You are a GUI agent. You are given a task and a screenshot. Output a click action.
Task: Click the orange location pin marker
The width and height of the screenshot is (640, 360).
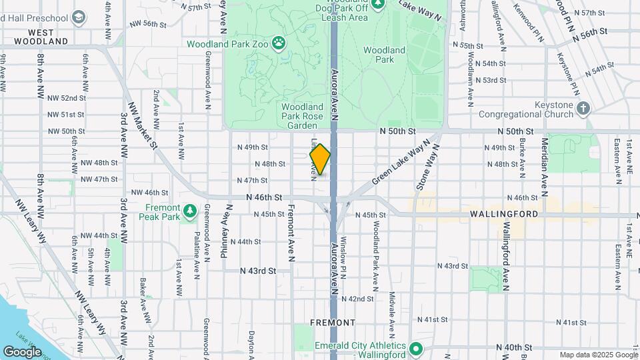[320, 159]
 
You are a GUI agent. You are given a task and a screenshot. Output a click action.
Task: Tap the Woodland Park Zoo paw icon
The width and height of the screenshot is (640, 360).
[278, 45]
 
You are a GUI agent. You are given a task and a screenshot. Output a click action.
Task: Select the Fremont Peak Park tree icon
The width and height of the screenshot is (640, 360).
[191, 211]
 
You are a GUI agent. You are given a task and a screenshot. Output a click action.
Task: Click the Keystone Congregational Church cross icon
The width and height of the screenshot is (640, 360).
[583, 108]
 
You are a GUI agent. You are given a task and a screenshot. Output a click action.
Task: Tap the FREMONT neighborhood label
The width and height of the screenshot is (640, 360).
[333, 323]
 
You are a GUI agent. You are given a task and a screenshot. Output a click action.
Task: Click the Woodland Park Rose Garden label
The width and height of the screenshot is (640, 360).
[302, 115]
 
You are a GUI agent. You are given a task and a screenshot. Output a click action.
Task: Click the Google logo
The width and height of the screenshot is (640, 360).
[23, 351]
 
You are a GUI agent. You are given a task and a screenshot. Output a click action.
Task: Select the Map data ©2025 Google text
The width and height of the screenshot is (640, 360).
[598, 355]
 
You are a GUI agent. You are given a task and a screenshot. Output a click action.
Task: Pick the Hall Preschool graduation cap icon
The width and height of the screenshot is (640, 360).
[79, 16]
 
